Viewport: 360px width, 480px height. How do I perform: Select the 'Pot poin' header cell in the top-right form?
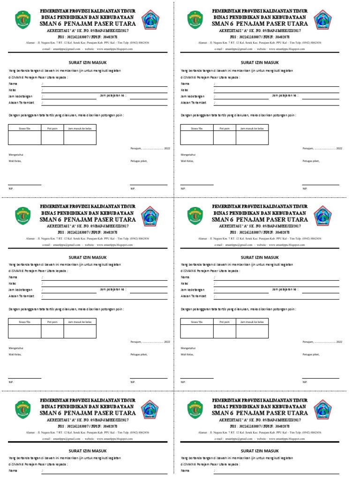click(225, 127)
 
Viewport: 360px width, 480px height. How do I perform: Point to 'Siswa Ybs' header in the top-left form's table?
click(24, 127)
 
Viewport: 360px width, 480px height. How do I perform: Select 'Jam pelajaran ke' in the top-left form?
click(113, 95)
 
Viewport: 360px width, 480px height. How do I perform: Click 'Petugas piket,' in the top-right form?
click(311, 161)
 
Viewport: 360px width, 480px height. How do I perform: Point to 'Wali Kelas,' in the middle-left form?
click(15, 355)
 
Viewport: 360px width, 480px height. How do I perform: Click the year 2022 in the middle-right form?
click(339, 342)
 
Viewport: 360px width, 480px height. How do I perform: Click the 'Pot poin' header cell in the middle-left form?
click(52, 322)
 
